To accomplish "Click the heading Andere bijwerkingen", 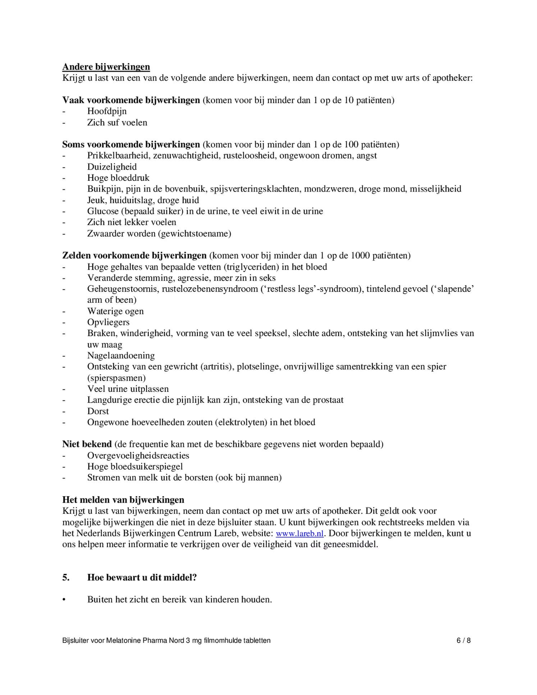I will [106, 67].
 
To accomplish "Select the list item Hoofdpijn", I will [107, 111].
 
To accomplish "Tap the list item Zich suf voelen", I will [117, 122].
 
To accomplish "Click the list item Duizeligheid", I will [112, 166].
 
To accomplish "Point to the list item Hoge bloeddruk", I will [118, 178].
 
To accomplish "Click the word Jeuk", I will [96, 200].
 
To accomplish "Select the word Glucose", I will [103, 211].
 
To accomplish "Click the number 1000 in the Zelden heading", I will [360, 255].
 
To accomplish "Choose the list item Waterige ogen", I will [115, 311].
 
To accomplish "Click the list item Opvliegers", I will [108, 322].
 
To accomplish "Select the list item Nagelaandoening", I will [121, 355].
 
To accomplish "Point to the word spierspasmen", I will [116, 378].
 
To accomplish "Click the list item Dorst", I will [98, 411].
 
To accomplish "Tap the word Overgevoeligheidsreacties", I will [138, 455].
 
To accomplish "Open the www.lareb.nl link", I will [300, 533].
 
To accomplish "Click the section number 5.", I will [66, 577].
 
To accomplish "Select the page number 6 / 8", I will [463, 640].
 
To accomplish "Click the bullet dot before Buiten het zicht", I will [64, 600].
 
